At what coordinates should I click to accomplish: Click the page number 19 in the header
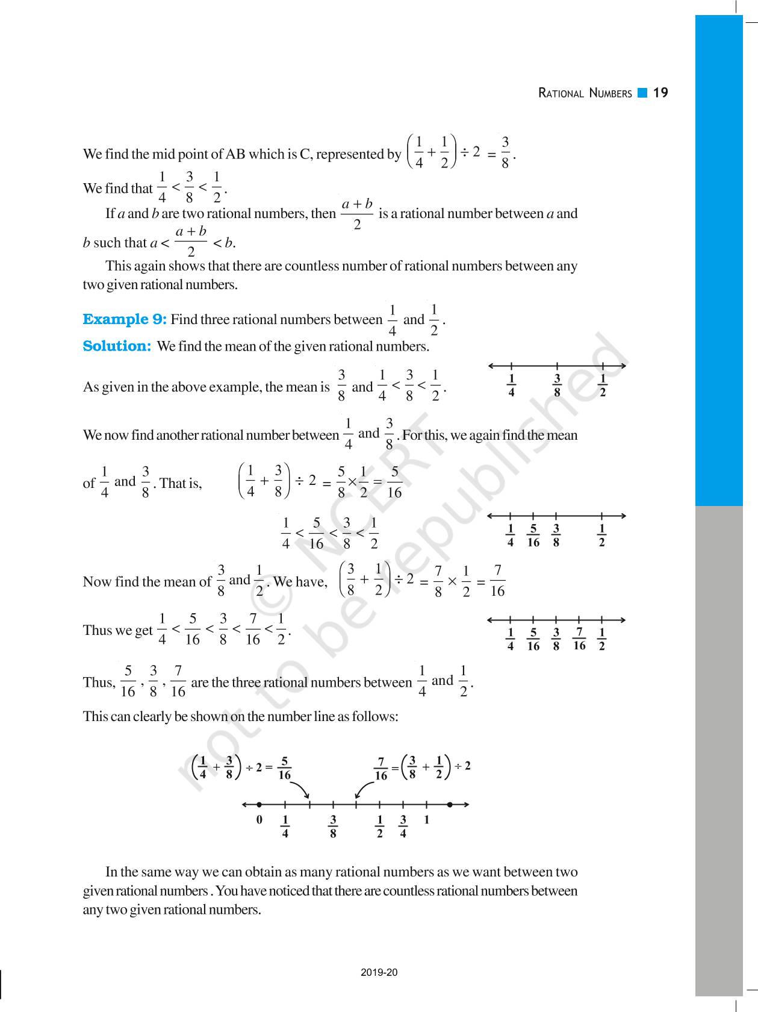click(660, 93)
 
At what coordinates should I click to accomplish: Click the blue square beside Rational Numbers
click(642, 93)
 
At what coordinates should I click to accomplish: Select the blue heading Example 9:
click(125, 319)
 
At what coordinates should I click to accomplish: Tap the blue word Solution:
click(117, 346)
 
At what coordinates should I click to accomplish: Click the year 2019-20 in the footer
click(379, 972)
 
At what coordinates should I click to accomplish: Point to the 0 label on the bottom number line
click(259, 820)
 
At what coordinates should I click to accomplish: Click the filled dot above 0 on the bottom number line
click(259, 804)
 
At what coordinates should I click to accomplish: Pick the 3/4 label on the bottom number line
click(403, 826)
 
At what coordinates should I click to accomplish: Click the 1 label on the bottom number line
click(426, 820)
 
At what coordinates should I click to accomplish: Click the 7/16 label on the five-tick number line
click(579, 639)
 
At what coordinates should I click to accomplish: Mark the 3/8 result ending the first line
click(505, 152)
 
